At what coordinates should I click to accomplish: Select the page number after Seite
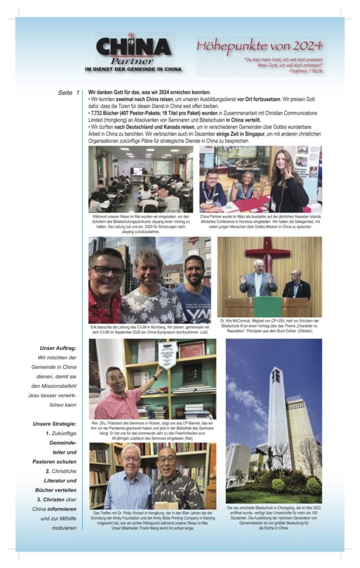78,92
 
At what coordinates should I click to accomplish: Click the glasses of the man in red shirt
109,271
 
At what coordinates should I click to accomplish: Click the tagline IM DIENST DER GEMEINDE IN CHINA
133,69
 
